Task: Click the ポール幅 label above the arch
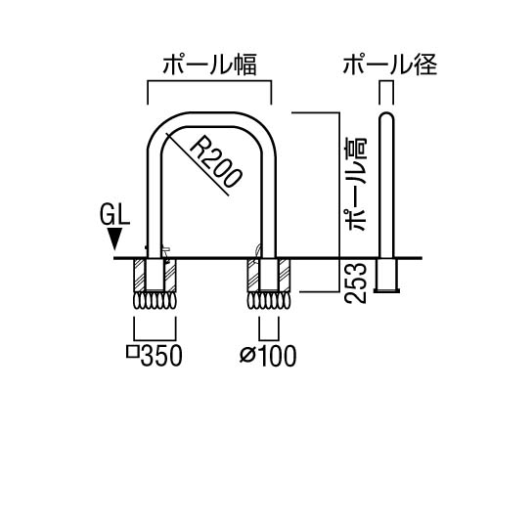point(209,65)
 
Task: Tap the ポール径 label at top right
point(390,65)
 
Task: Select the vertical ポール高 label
point(356,184)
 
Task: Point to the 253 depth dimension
point(356,283)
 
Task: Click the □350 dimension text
point(155,356)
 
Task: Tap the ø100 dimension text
point(268,356)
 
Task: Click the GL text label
point(114,216)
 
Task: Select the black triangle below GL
point(114,239)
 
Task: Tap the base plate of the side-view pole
point(386,290)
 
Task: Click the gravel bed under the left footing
point(155,300)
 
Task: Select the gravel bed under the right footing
point(269,300)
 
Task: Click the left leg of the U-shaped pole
point(155,203)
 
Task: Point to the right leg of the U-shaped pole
point(269,203)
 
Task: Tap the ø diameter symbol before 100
point(246,356)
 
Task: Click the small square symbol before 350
point(132,353)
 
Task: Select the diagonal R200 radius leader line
point(198,164)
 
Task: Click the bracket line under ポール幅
point(209,81)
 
